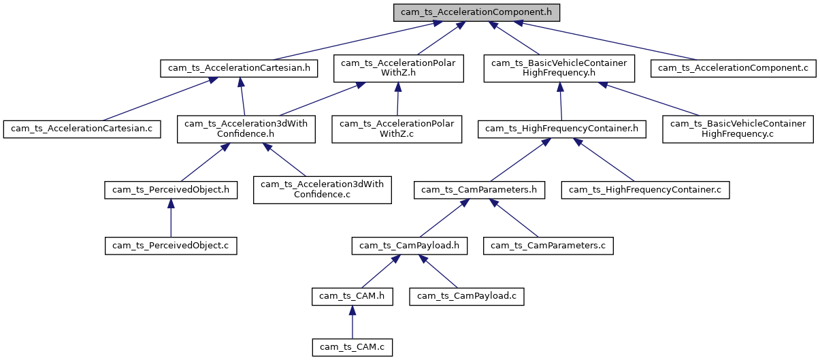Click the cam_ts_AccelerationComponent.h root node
[477, 13]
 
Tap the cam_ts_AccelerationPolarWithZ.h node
[399, 68]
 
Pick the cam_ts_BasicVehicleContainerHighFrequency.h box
[559, 68]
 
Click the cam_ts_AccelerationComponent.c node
[734, 68]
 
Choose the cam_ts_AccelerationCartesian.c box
[82, 129]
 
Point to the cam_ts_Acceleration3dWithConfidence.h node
[246, 129]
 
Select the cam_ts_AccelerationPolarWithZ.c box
[397, 129]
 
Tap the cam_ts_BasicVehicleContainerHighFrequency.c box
[738, 129]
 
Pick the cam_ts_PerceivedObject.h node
[171, 190]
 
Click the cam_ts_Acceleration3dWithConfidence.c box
[323, 190]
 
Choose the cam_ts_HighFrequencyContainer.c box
[645, 190]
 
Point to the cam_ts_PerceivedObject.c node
[171, 245]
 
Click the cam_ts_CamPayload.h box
[410, 245]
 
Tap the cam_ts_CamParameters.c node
[549, 245]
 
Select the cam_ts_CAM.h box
[352, 296]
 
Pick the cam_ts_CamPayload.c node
[467, 296]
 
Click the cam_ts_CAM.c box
[352, 347]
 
